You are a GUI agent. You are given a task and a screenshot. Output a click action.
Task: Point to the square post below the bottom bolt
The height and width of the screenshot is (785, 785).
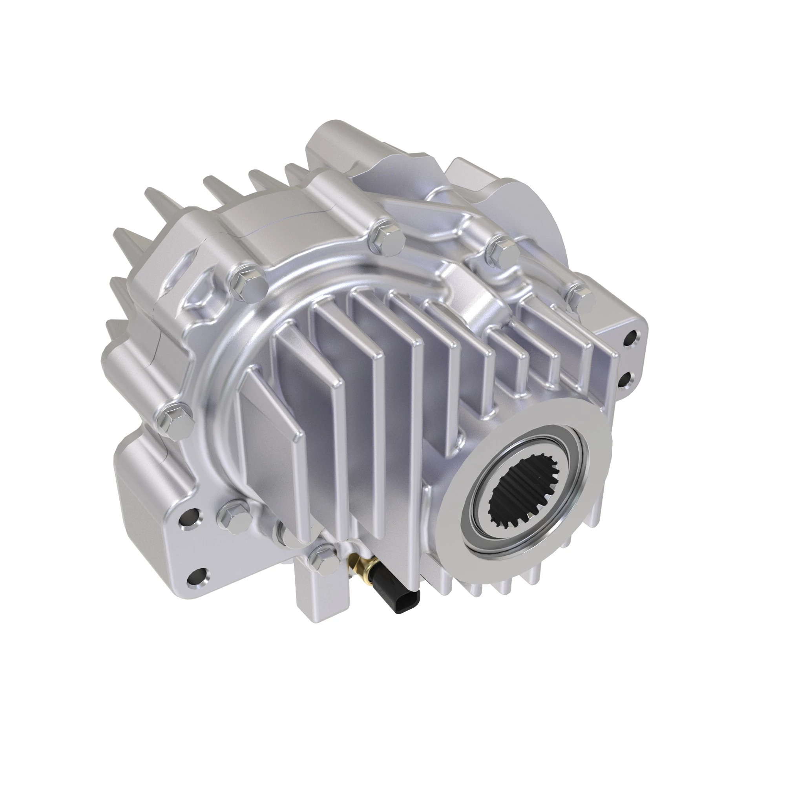pos(321,597)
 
